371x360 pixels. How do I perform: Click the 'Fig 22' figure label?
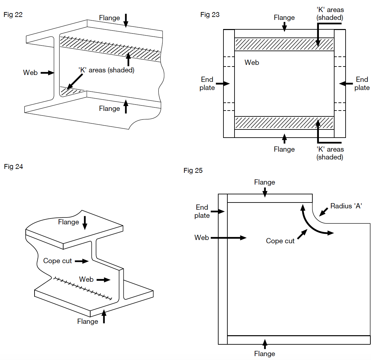[13, 15]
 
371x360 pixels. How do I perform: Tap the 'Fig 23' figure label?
[210, 15]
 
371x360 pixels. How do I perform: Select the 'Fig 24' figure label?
[13, 167]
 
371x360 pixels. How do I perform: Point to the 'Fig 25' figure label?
[193, 171]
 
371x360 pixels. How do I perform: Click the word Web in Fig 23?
[252, 63]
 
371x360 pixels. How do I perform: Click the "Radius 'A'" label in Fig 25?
[346, 206]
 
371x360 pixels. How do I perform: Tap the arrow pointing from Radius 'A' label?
[323, 212]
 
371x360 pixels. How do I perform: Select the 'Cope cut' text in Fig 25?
[280, 241]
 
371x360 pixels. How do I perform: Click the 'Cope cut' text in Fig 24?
[58, 261]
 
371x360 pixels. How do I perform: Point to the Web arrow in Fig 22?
[47, 73]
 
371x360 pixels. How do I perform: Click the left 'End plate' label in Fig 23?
[207, 83]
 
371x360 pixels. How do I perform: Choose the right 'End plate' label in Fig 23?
[362, 83]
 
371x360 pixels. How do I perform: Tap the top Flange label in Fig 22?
[109, 18]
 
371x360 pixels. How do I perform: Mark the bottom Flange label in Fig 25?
[264, 354]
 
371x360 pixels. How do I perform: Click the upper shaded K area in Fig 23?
[284, 44]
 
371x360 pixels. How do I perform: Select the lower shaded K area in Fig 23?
[284, 123]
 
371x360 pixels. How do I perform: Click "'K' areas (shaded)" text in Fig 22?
[107, 70]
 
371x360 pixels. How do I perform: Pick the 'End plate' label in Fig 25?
[202, 211]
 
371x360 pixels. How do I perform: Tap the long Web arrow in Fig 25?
[229, 238]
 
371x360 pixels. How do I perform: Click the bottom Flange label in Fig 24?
[88, 322]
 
